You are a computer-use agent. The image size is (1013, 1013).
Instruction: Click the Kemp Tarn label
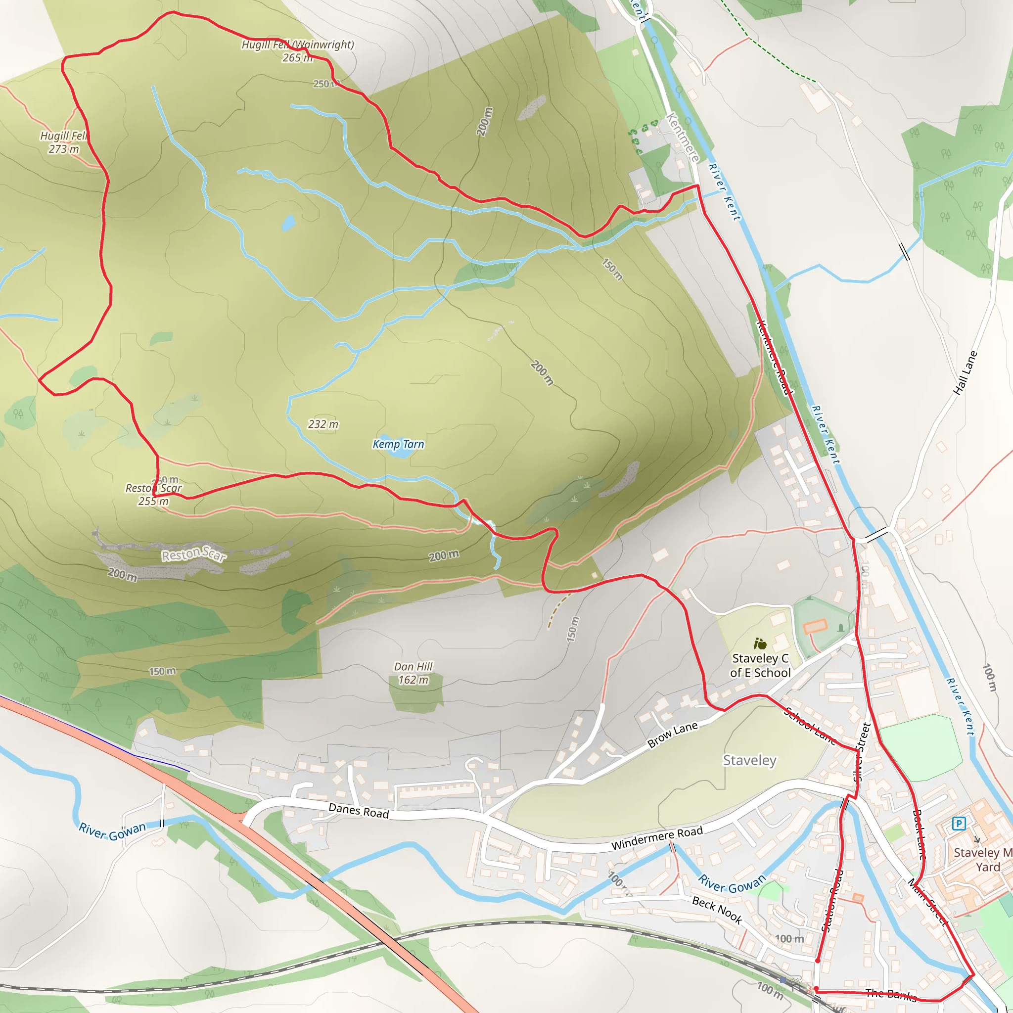point(398,444)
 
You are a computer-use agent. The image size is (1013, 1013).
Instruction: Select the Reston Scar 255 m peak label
point(153,495)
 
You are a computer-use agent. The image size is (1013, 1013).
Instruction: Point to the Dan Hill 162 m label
point(413,673)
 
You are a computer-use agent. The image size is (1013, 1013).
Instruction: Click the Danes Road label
point(359,811)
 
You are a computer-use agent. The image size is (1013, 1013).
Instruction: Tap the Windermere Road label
point(657,838)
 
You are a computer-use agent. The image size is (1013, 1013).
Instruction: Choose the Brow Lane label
point(672,734)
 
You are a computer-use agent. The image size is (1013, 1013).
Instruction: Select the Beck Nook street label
point(717,910)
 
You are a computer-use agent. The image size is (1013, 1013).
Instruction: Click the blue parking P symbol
point(959,823)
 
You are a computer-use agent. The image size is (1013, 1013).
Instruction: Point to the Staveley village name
point(749,760)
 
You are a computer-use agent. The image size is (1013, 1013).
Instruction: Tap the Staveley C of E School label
point(760,665)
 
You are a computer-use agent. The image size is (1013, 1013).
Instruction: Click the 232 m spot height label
point(323,424)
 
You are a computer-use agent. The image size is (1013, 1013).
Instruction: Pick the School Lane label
point(811,726)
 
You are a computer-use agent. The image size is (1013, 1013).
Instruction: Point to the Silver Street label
point(862,752)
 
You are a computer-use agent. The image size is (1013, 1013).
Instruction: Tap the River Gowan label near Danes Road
point(112,831)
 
